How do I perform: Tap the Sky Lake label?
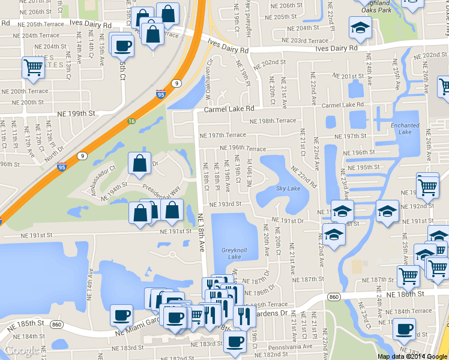(288, 188)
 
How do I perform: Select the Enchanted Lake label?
(405, 128)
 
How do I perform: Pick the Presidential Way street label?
(162, 191)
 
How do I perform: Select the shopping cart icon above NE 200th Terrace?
(33, 68)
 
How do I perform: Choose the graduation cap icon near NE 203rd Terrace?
(360, 28)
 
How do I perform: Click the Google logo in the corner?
(22, 350)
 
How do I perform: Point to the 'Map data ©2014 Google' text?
(412, 356)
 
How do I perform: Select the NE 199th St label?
(76, 113)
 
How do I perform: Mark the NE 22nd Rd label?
(304, 178)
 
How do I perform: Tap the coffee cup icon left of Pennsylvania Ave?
(235, 342)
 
